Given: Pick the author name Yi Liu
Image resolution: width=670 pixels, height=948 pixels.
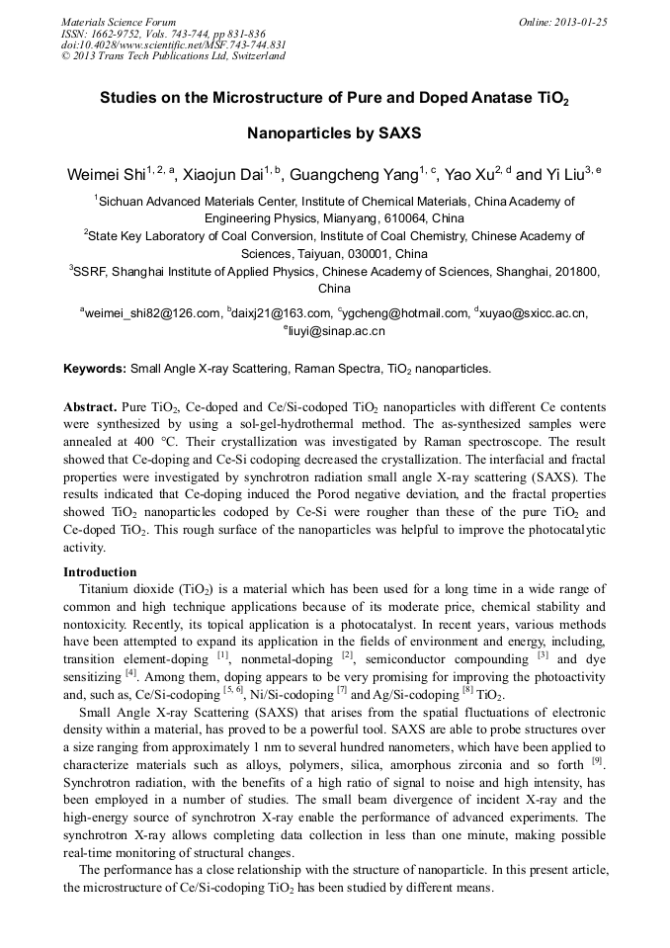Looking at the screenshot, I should [558, 176].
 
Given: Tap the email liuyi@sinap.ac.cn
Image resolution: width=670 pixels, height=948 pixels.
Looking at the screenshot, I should [336, 331].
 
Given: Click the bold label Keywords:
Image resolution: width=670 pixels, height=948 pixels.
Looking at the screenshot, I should [95, 369].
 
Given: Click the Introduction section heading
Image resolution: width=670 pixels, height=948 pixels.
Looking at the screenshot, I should [100, 571].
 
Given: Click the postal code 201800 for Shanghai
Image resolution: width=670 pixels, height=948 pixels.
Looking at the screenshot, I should [574, 272].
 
